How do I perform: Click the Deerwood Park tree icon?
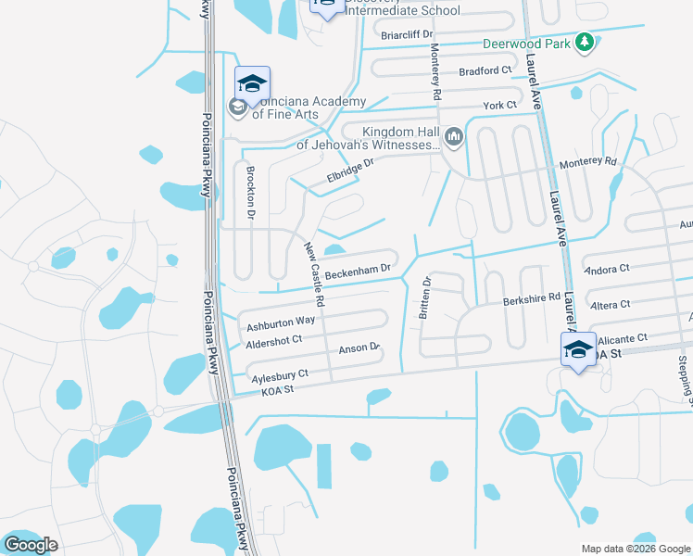coord(584,42)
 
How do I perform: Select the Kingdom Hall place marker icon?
coord(454,138)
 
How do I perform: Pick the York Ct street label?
coord(500,106)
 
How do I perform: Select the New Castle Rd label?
coord(314,275)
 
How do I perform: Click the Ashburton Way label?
coord(281,322)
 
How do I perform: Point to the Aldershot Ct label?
coord(274,342)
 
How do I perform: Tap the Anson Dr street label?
coord(360,348)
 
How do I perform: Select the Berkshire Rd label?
coord(532,298)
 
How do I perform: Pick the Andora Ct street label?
coord(608,269)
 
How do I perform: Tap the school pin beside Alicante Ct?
coord(579,350)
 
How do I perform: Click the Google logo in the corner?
coord(31,545)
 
